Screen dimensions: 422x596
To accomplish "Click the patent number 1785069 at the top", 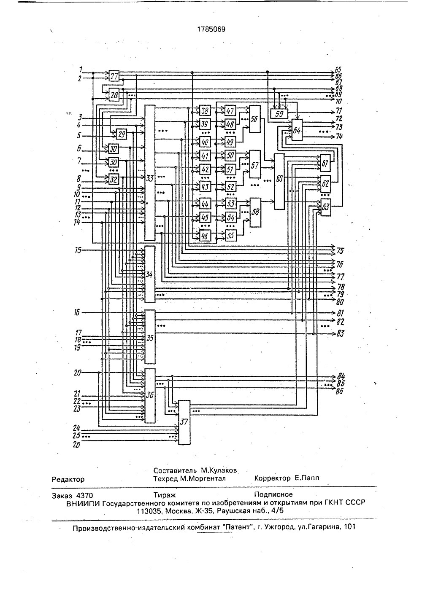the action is [211, 29].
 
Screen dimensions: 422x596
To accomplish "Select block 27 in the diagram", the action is [114, 76].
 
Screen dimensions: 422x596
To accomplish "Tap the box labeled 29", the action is [122, 134].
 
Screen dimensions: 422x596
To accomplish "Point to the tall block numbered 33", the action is [150, 173].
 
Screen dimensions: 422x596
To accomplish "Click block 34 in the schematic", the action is [150, 274].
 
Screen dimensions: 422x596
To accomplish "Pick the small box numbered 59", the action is [279, 114].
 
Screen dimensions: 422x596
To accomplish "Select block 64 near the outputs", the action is [297, 130].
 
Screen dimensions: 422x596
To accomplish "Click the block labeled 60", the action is [279, 182].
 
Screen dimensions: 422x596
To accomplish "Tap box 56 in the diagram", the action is [255, 119].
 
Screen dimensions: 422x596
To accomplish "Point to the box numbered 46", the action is [205, 236].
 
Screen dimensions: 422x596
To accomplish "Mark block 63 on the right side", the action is [325, 207].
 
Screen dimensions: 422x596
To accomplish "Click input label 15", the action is [78, 250].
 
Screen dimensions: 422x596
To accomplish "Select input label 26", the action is [76, 445].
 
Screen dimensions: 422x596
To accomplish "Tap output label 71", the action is [339, 111].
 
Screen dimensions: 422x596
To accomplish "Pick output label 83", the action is [340, 334].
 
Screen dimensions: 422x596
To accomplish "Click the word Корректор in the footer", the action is [272, 478].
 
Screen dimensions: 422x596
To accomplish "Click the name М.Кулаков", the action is [219, 470].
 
